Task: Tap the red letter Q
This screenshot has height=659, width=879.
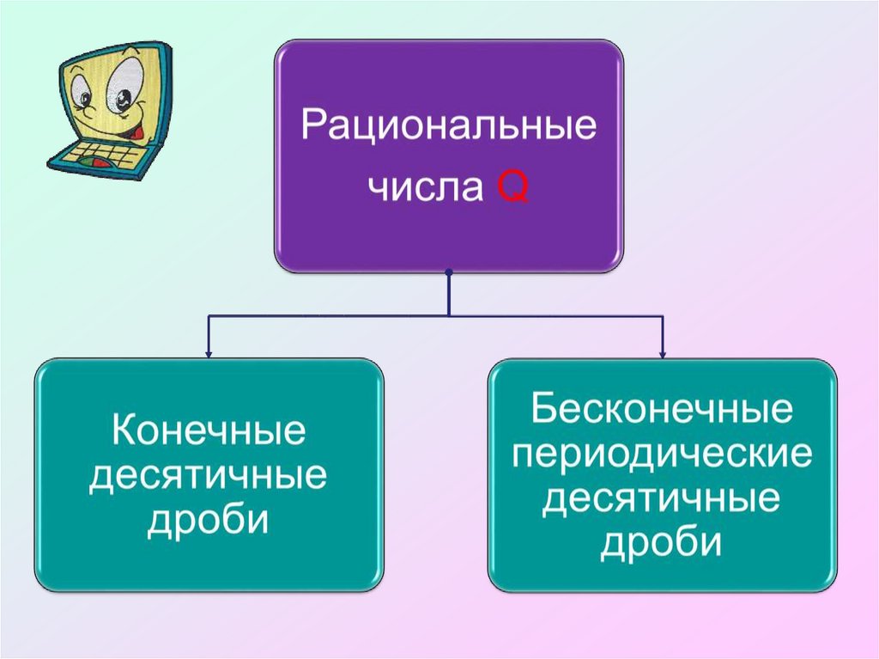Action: point(512,186)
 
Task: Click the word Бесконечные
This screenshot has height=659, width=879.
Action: point(661,410)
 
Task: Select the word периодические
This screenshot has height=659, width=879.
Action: point(661,455)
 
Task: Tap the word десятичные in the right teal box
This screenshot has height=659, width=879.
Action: point(661,499)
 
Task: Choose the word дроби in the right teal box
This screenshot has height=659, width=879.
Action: point(661,544)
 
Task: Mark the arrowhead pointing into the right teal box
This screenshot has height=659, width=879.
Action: point(662,352)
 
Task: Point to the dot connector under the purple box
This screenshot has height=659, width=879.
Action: point(449,272)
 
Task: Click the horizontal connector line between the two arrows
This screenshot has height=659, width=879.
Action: point(343,316)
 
